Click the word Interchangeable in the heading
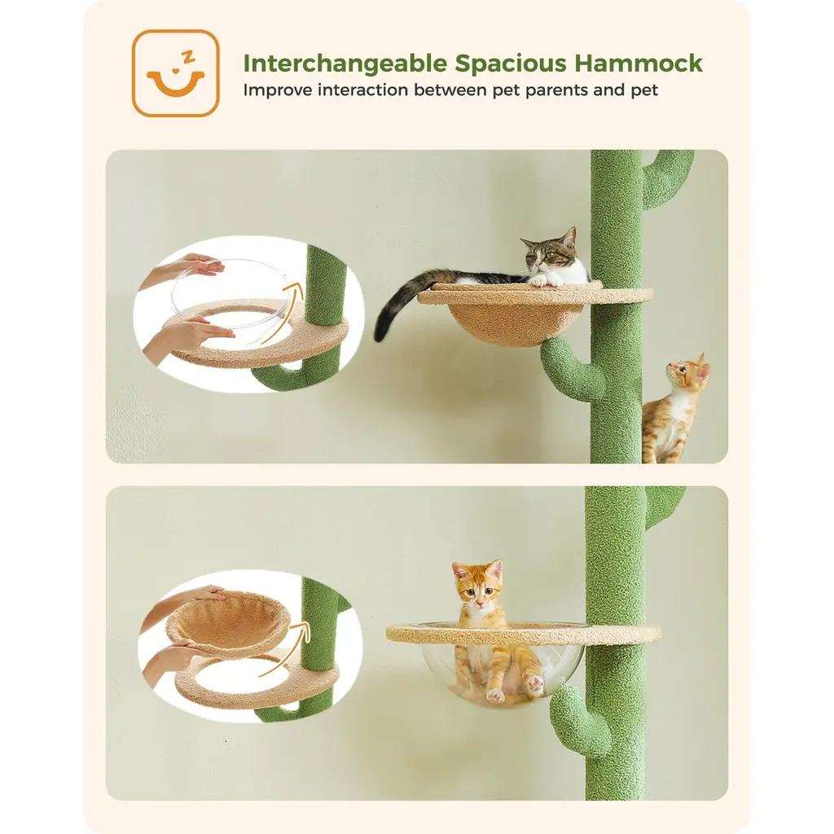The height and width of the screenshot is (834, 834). coord(345,64)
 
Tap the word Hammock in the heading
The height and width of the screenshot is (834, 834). coord(639,63)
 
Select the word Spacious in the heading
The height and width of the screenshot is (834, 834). coord(510,64)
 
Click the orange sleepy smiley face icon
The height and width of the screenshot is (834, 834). coord(176,72)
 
